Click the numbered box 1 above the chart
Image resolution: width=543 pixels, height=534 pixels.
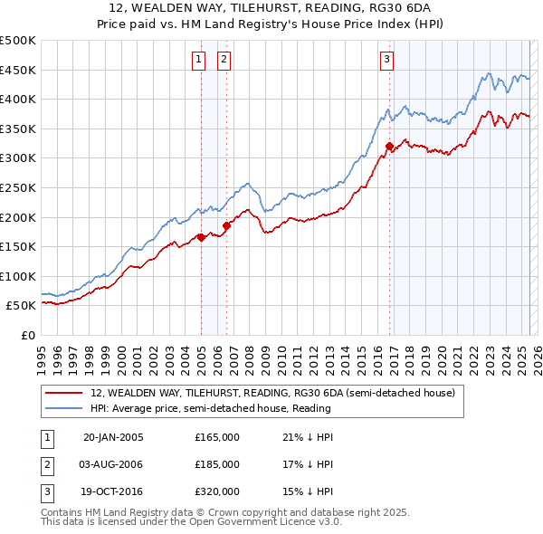(x=197, y=61)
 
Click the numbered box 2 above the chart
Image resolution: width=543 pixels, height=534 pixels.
(x=223, y=61)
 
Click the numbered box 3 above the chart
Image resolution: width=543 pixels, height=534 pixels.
(x=386, y=61)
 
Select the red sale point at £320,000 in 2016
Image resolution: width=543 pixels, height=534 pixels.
(x=389, y=146)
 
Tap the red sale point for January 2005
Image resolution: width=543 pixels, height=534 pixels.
(x=201, y=237)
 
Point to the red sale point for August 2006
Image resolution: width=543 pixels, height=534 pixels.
(x=226, y=225)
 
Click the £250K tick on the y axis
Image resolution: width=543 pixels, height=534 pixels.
(x=18, y=187)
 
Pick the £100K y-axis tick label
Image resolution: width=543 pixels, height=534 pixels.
(x=18, y=276)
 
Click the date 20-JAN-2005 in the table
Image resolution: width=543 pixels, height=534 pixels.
(x=113, y=437)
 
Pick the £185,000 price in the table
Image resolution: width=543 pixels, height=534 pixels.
(x=217, y=464)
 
